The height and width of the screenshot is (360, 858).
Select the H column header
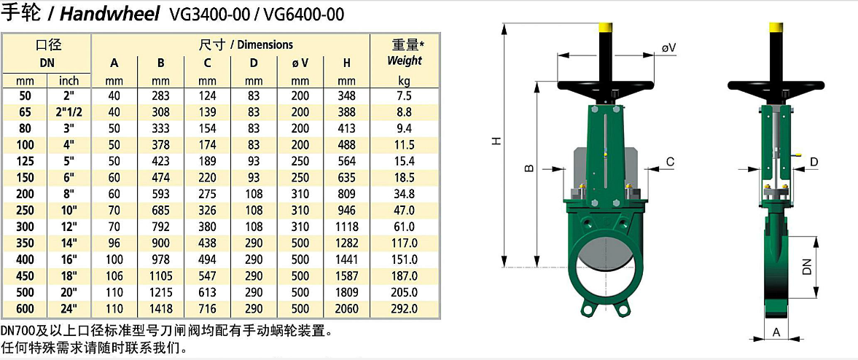point(347,63)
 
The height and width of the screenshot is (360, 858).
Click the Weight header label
point(405,60)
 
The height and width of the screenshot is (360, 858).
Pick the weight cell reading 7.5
point(405,95)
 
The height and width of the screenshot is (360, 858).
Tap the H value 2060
point(347,308)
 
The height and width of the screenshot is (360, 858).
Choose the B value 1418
point(161,308)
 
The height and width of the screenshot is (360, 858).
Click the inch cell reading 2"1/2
point(68,112)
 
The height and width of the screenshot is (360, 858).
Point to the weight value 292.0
point(405,308)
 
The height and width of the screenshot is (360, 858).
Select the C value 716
point(207,308)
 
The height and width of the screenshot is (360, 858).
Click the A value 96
point(114,243)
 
